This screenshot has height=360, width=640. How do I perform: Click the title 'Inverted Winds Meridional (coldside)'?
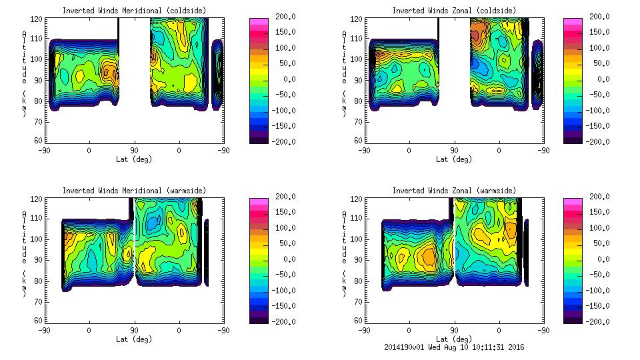(134, 11)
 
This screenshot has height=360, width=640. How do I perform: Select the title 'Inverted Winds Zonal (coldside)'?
(454, 11)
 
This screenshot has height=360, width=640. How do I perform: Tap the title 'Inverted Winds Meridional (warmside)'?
(134, 191)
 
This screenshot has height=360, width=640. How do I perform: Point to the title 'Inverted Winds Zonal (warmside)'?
(454, 191)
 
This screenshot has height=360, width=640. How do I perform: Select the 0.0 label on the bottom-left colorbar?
(285, 259)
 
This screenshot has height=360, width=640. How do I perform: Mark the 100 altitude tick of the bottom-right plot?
(359, 239)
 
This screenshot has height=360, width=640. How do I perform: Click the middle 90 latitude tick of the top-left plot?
(134, 151)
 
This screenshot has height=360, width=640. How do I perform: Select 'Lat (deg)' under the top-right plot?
(454, 159)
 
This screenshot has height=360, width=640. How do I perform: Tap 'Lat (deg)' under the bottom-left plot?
(134, 339)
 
